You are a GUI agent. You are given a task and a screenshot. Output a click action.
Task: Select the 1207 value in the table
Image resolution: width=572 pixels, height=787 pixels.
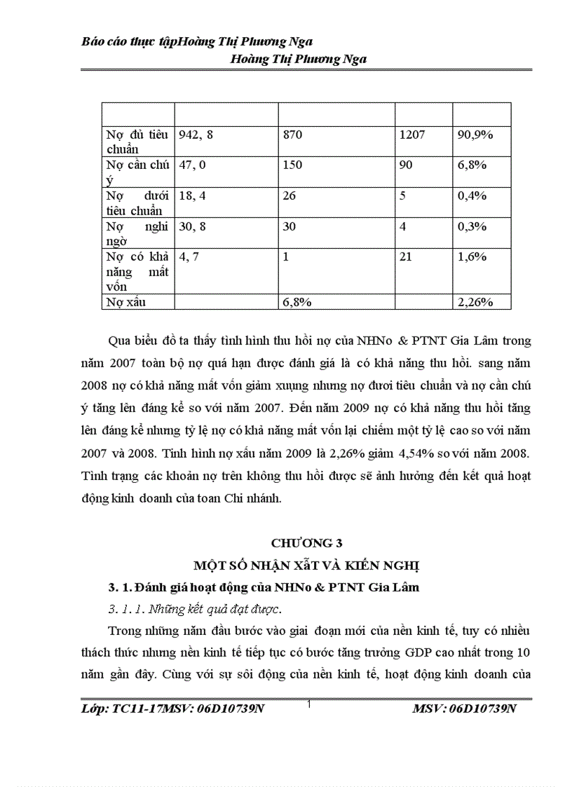point(412,134)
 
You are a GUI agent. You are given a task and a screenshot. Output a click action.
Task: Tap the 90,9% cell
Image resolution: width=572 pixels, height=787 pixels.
point(475,134)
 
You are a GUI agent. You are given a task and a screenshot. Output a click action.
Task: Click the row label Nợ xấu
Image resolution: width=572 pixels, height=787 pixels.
point(125,302)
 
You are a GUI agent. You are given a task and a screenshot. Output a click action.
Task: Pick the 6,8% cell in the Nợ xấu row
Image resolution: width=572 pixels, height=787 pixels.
point(297,302)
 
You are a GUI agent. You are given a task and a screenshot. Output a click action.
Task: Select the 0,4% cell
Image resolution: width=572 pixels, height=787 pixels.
point(472,196)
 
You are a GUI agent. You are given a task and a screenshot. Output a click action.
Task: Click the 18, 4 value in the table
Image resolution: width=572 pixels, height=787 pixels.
point(193,196)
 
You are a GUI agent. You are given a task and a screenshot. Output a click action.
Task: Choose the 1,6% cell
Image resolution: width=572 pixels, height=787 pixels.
point(472,257)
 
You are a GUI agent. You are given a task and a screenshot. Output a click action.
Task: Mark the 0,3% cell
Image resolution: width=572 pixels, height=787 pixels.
point(472,226)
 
